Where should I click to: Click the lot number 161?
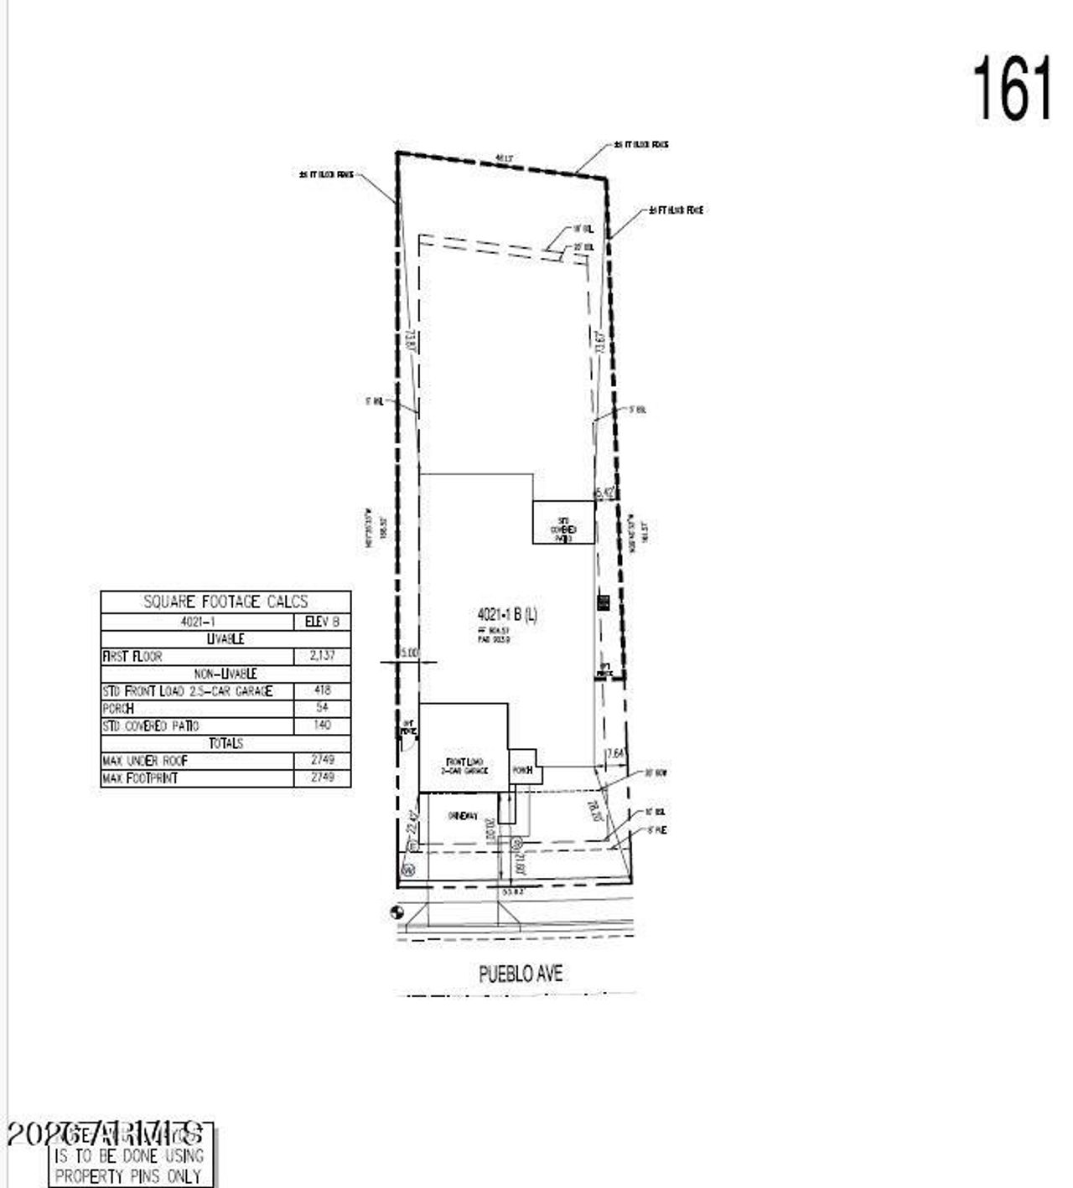click(x=1011, y=89)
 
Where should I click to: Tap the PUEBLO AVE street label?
click(x=521, y=974)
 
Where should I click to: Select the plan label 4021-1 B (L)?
click(x=507, y=615)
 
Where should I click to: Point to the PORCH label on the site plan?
click(x=522, y=769)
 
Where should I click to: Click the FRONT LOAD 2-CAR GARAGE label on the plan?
click(x=466, y=766)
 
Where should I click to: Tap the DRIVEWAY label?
click(x=462, y=815)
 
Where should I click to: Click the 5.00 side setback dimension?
click(x=409, y=652)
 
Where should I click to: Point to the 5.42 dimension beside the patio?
click(x=605, y=493)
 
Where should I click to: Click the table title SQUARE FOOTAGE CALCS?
click(x=225, y=602)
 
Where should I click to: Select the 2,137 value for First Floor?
click(x=322, y=656)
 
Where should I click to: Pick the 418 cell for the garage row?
click(x=322, y=690)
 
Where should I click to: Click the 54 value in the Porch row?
click(x=322, y=708)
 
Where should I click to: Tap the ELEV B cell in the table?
click(x=322, y=622)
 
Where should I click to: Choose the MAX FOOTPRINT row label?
click(x=140, y=778)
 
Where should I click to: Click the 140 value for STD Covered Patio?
click(x=322, y=726)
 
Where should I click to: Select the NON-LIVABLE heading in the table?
click(x=225, y=674)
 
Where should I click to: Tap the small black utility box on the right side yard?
click(x=601, y=601)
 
